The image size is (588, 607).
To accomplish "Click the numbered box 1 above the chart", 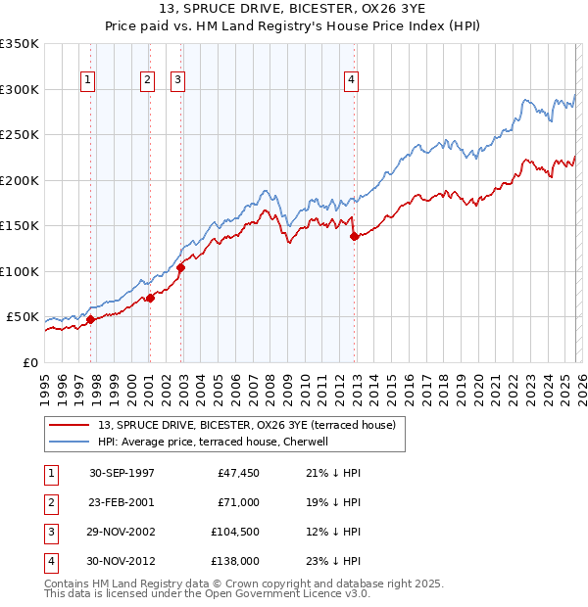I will click(x=88, y=80).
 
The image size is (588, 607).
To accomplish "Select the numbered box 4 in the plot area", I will click(x=351, y=80).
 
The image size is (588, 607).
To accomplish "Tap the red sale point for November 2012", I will click(x=355, y=236).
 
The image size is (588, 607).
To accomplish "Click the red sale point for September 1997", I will click(x=91, y=319).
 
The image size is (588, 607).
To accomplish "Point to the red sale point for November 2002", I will click(x=181, y=267).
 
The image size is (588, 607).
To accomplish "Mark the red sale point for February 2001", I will click(x=150, y=298).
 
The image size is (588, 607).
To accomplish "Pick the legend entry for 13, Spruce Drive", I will click(x=246, y=425).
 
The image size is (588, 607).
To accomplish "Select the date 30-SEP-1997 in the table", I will click(x=122, y=473).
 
